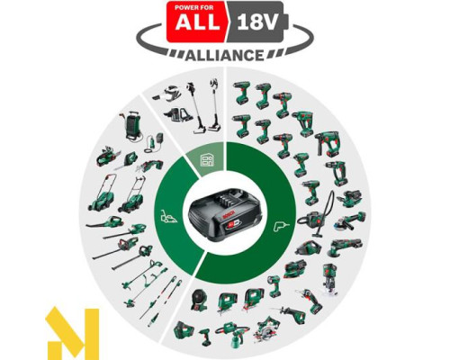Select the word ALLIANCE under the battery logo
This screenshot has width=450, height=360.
pos(224,53)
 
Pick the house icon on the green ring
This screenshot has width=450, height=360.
pos(206,160)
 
